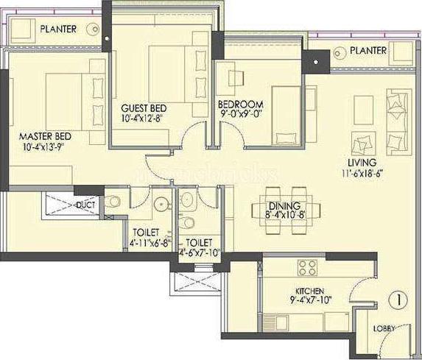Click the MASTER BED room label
(x=45, y=136)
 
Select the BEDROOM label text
(x=240, y=105)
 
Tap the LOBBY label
(x=384, y=328)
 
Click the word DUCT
(x=86, y=205)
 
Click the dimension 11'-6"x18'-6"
(x=362, y=174)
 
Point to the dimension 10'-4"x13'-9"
(x=45, y=147)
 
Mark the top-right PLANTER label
(x=368, y=51)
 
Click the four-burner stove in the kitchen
(x=306, y=267)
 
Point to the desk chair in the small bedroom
(x=237, y=76)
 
